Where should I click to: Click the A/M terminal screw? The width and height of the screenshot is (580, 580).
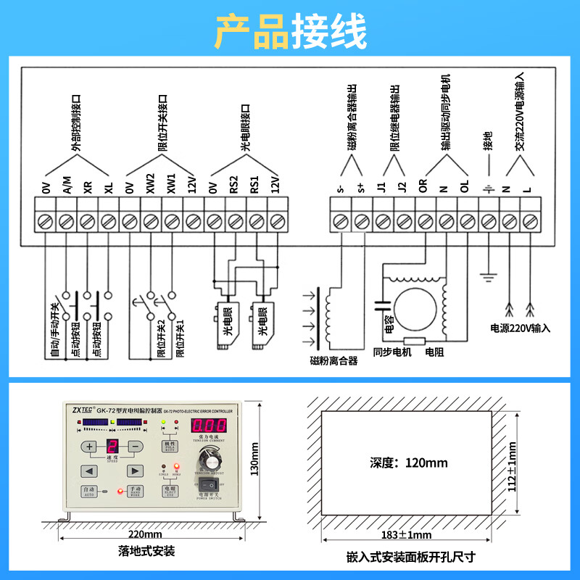click(66, 220)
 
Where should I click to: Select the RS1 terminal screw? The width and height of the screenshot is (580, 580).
click(255, 220)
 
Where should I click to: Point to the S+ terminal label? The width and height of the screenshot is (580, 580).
click(360, 190)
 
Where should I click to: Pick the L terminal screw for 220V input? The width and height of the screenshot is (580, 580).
click(531, 220)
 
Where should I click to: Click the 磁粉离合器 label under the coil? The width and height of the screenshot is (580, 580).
click(333, 360)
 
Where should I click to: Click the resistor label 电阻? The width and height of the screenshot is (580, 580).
click(435, 352)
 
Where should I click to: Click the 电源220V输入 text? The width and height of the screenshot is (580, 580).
click(520, 328)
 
